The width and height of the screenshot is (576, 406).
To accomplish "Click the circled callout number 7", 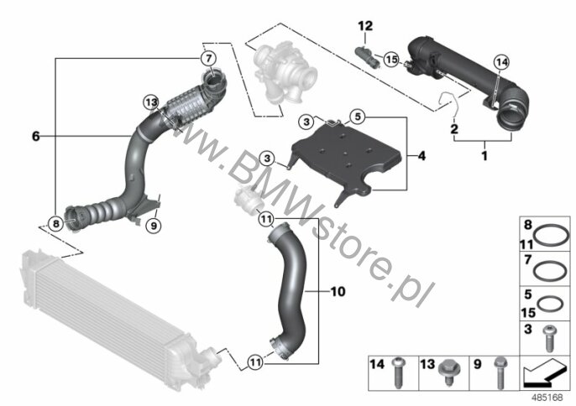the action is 208,59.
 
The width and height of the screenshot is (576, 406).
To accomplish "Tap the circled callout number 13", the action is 150,102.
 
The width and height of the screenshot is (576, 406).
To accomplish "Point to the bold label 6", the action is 35,136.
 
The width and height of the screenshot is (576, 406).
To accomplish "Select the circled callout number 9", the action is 154,225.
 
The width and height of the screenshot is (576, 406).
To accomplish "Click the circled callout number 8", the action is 55,223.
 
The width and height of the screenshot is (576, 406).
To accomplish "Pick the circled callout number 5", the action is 358,117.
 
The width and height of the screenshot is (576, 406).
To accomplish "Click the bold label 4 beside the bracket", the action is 422,156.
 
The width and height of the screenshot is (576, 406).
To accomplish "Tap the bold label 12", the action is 365,26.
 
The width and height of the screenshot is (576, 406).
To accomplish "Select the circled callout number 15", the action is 391,59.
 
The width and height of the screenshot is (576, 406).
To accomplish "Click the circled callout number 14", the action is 502,62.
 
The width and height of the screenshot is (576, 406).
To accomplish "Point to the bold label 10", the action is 338,291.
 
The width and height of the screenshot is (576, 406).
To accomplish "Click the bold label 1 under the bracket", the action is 485,156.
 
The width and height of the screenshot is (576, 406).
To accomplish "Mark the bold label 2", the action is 454,129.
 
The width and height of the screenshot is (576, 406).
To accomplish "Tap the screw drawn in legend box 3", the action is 550,338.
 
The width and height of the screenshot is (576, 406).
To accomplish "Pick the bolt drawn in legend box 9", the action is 500,373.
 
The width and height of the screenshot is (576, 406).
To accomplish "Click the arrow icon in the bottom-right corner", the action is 545,373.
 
